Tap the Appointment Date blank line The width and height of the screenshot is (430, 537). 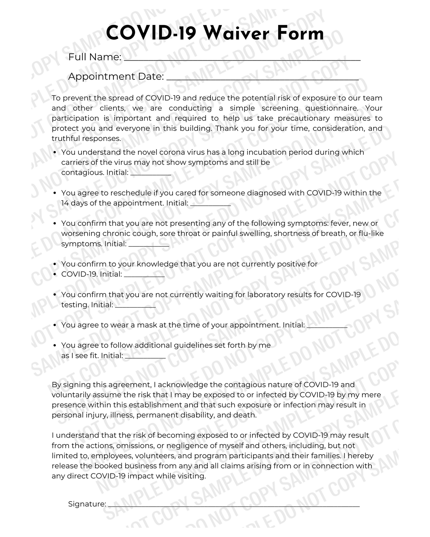coord(262,78)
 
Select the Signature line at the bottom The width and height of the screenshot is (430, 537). coord(234,505)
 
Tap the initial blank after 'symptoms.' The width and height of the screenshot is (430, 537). coord(149,245)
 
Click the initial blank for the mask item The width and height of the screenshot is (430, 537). coord(327,326)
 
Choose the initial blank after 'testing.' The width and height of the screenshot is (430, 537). coord(135,306)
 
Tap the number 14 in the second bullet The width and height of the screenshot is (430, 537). coord(65,203)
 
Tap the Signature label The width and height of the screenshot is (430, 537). coord(87,504)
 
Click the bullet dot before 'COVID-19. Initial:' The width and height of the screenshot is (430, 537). coord(55,274)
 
